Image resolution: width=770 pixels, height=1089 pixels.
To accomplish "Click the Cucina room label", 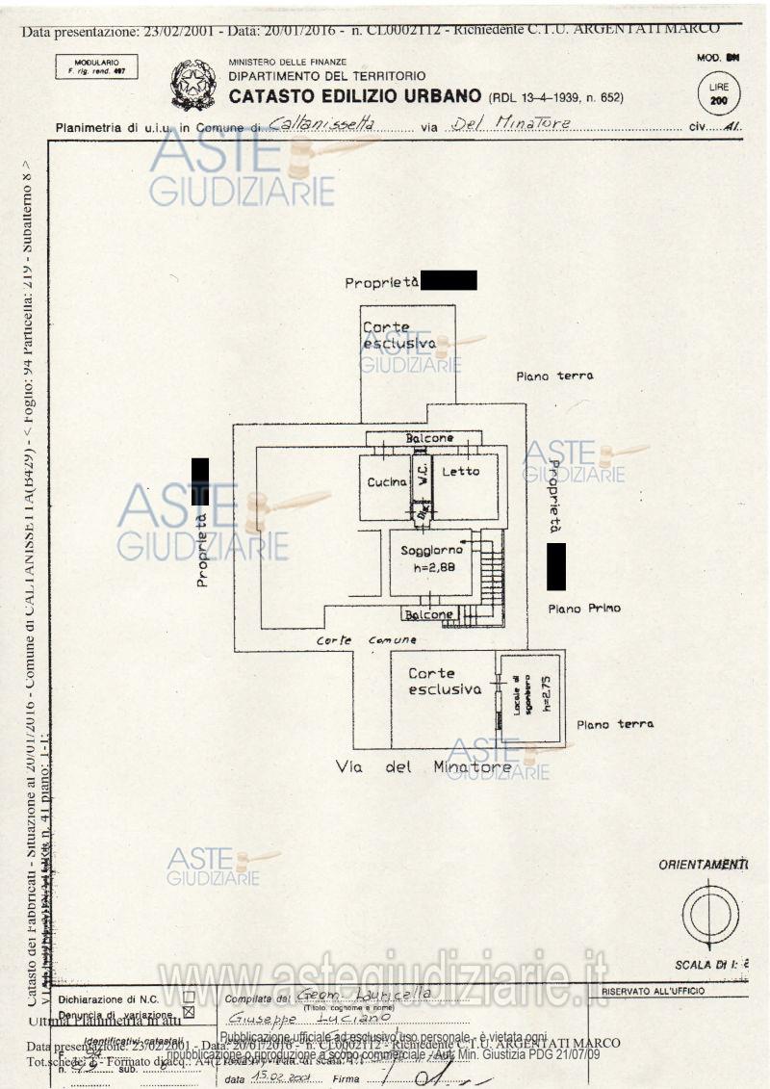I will pyautogui.click(x=386, y=482).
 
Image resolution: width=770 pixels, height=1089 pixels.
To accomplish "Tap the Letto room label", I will pyautogui.click(x=460, y=472).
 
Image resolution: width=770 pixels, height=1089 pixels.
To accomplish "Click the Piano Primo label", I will pyautogui.click(x=584, y=609).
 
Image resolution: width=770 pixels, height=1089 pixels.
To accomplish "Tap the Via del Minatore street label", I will pyautogui.click(x=423, y=767).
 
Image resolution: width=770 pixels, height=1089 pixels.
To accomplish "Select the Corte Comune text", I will pyautogui.click(x=367, y=640).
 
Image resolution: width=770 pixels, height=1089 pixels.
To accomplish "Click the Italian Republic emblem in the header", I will pyautogui.click(x=193, y=85).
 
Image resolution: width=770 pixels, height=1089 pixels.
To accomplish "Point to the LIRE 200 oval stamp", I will pyautogui.click(x=718, y=93).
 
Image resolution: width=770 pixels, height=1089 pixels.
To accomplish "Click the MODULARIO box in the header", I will pyautogui.click(x=96, y=66).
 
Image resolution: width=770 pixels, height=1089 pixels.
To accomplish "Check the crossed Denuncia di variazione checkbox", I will pyautogui.click(x=189, y=1013).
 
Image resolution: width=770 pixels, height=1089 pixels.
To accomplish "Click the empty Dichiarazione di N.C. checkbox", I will pyautogui.click(x=189, y=998).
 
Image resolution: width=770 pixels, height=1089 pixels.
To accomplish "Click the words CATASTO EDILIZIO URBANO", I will pyautogui.click(x=354, y=96).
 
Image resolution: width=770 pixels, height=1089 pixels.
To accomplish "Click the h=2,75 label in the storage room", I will pyautogui.click(x=546, y=692).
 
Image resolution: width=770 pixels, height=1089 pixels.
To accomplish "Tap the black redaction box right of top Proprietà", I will pyautogui.click(x=449, y=280).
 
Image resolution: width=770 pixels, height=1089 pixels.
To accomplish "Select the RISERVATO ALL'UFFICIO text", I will pyautogui.click(x=653, y=991).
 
